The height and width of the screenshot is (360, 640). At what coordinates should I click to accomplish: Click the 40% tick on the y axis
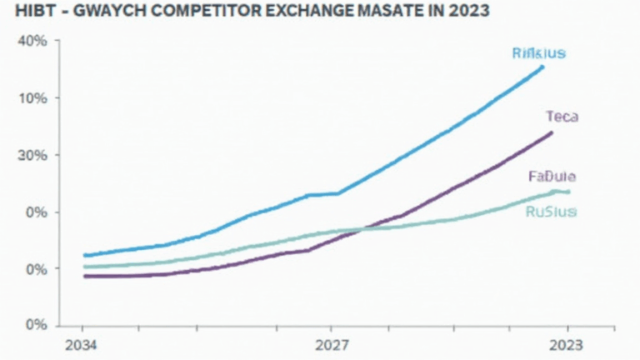pyautogui.click(x=32, y=42)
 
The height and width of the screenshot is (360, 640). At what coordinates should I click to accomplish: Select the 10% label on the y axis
pyautogui.click(x=32, y=98)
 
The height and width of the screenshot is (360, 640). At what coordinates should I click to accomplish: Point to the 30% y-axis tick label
pyautogui.click(x=32, y=155)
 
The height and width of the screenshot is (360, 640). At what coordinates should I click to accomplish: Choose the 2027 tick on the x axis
pyautogui.click(x=331, y=345)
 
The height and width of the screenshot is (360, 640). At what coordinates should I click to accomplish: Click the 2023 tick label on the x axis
pyautogui.click(x=568, y=345)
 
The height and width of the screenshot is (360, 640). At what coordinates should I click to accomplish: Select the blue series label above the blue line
pyautogui.click(x=538, y=53)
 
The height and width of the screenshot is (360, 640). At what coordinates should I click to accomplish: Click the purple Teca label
pyautogui.click(x=562, y=117)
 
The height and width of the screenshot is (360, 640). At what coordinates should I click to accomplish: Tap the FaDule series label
pyautogui.click(x=552, y=177)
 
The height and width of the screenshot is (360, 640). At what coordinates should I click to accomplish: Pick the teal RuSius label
pyautogui.click(x=551, y=212)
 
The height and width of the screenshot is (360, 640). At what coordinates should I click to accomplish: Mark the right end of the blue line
pyautogui.click(x=542, y=66)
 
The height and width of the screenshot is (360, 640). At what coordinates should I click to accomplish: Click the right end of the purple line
pyautogui.click(x=552, y=132)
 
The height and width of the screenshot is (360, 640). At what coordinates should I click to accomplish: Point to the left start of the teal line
pyautogui.click(x=86, y=267)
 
